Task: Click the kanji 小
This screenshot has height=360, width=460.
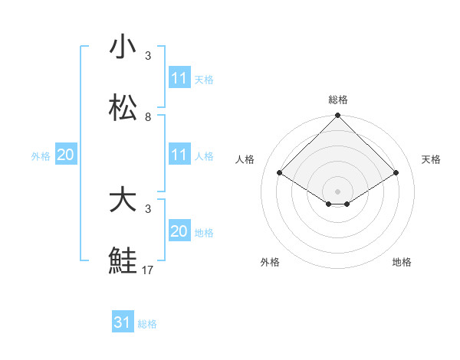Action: point(123,47)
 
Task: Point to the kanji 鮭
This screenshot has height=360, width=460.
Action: point(123,261)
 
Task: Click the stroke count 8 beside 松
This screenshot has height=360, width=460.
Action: point(148,117)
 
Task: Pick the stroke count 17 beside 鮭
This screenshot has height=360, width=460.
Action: point(148,270)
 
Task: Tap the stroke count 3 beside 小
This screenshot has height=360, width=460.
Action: point(148,56)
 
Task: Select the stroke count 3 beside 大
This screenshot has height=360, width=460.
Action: point(148,208)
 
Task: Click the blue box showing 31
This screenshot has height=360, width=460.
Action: point(123,322)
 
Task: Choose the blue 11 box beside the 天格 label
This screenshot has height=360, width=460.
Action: point(179,78)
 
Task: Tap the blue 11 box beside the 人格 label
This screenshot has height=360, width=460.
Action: point(179,155)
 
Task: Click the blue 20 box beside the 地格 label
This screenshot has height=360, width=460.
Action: point(179,231)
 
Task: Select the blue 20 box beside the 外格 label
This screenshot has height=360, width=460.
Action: point(66,155)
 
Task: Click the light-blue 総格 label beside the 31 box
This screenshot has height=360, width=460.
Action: point(147,324)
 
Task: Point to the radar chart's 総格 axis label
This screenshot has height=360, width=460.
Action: point(338,100)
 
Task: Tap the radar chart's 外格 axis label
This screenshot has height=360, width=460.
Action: point(270,262)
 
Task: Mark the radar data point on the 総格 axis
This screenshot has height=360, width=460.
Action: point(337,116)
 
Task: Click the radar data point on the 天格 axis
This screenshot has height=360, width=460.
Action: point(396,173)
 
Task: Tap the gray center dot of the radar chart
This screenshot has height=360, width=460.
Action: point(337,191)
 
